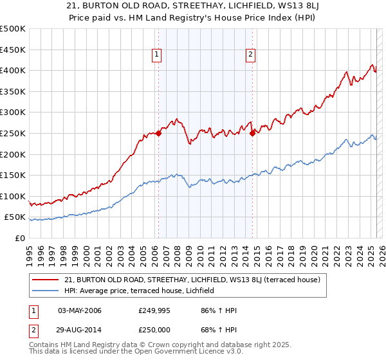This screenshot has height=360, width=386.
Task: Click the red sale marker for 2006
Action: pos(158,133)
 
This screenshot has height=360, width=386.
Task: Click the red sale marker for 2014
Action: pos(253,133)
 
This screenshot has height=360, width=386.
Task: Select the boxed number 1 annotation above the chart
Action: pos(157,55)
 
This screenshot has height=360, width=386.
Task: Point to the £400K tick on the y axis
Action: pos(14,71)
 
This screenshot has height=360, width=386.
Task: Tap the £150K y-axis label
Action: pos(14,175)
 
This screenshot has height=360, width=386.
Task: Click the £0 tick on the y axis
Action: pos(19,238)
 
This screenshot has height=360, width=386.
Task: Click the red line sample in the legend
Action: pos(46,280)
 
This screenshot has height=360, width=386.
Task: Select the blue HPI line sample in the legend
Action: pos(46,291)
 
